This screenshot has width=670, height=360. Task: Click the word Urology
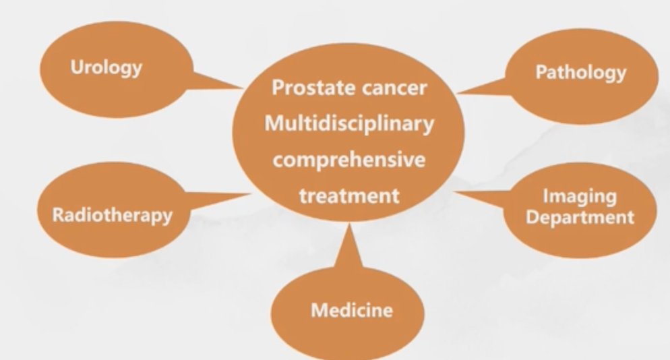(x=106, y=68)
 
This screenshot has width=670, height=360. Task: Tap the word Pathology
(x=581, y=72)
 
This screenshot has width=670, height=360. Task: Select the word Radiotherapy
(x=112, y=215)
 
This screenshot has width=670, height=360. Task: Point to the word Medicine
(x=352, y=310)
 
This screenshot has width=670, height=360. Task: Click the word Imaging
(x=580, y=197)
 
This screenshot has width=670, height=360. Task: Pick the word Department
(x=580, y=217)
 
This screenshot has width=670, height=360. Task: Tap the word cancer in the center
(x=394, y=88)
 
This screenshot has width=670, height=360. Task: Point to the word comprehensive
(x=349, y=160)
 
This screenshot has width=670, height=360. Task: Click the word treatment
(x=349, y=196)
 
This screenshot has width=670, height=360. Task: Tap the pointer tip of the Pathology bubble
(x=456, y=93)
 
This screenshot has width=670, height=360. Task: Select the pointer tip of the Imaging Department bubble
(x=453, y=192)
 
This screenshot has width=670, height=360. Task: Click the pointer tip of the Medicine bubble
(x=351, y=224)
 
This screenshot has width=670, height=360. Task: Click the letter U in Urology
(x=78, y=67)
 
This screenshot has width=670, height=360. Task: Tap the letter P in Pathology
(x=542, y=72)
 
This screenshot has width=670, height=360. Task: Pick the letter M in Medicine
(x=320, y=310)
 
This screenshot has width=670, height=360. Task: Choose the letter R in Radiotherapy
(x=59, y=214)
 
